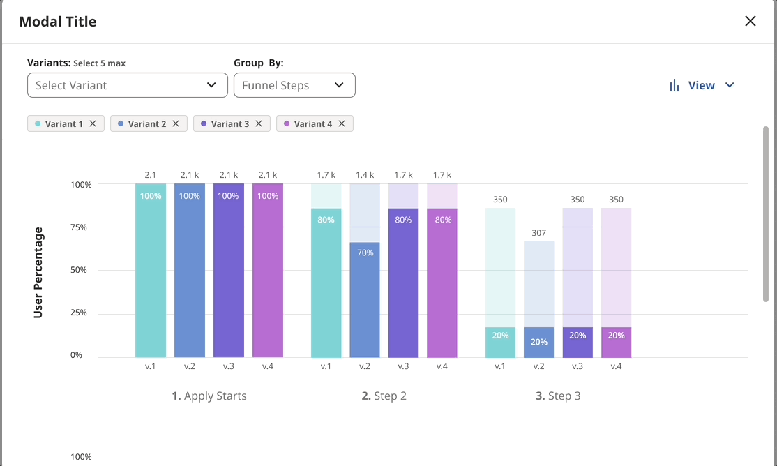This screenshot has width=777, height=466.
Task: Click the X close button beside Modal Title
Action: (750, 21)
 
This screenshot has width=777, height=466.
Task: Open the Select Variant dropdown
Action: (127, 85)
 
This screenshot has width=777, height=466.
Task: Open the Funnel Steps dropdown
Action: (294, 85)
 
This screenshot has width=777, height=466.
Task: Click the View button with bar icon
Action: (702, 85)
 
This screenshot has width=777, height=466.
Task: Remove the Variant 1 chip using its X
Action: (93, 123)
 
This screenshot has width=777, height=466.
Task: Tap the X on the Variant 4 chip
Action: (342, 123)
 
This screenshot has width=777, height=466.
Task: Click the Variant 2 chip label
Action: (147, 123)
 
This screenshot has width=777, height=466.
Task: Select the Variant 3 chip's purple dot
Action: (204, 123)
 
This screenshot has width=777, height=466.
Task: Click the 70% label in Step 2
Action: (365, 253)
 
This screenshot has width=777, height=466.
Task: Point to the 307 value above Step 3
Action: (538, 233)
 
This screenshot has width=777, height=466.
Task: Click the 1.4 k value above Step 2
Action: (365, 175)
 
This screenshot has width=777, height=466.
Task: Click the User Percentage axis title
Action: (38, 272)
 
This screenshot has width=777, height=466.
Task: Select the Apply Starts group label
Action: (209, 396)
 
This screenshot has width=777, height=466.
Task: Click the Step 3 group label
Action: (558, 396)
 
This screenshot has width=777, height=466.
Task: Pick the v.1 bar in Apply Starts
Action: (151, 279)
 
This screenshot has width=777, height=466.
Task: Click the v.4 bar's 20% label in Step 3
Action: (616, 336)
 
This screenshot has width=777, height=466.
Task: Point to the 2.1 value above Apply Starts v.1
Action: (151, 175)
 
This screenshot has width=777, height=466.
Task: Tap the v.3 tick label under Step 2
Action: (403, 366)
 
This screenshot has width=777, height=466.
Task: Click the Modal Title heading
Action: (58, 22)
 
